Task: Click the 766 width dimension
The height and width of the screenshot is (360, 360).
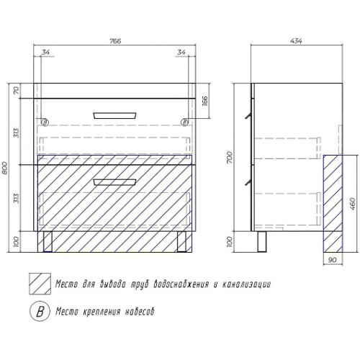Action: (115, 41)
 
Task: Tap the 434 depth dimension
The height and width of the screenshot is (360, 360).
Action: (296, 41)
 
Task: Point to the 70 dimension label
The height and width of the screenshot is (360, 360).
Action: (16, 91)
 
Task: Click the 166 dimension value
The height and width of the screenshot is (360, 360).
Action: (204, 101)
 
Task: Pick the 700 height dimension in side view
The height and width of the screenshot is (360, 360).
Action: (230, 158)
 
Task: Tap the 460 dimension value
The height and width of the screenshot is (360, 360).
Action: (352, 204)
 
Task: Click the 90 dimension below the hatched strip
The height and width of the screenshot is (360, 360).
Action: (332, 260)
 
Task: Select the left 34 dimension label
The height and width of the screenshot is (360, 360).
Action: (45, 52)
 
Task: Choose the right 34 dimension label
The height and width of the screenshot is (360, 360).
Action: (181, 52)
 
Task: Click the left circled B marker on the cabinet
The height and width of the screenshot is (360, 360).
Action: (45, 122)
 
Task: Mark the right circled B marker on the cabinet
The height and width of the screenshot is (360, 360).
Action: (184, 122)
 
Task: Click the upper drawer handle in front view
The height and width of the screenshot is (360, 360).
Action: (114, 115)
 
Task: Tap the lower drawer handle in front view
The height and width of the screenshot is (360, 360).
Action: (114, 182)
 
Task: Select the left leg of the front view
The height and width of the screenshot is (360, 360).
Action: (48, 241)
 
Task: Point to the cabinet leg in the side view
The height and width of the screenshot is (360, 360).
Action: (262, 241)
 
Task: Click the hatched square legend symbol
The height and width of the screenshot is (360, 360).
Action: (40, 284)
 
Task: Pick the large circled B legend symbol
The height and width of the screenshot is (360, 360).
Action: (40, 311)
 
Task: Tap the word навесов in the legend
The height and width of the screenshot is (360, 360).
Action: (140, 312)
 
